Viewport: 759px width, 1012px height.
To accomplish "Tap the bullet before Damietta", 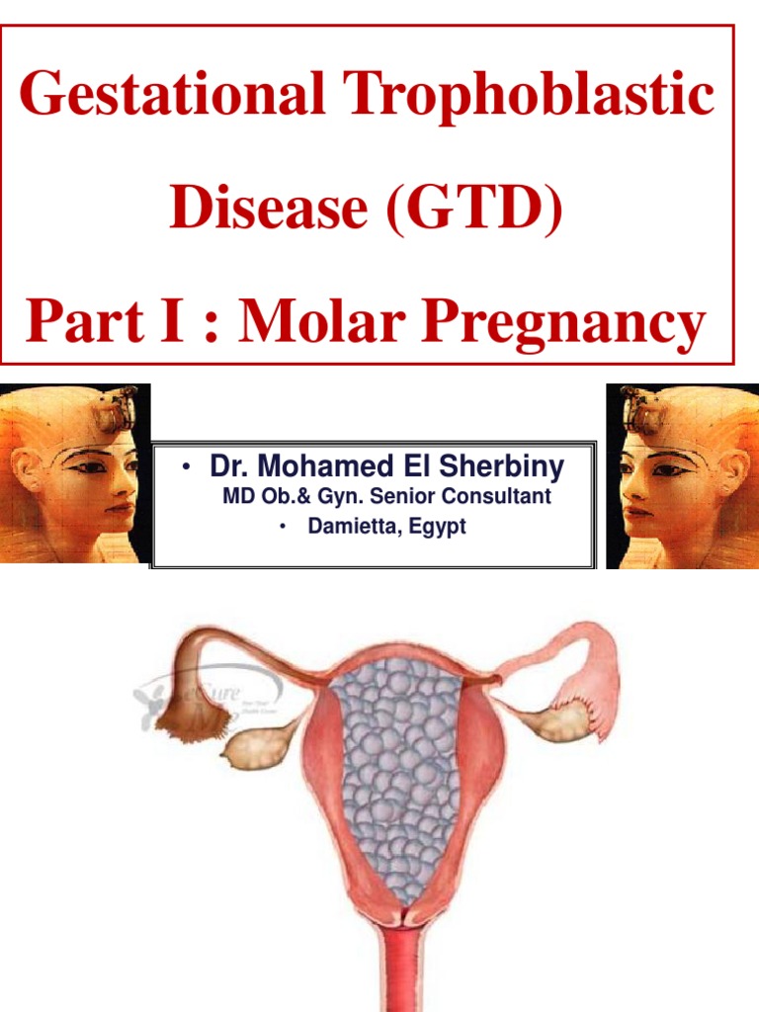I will point(282,528).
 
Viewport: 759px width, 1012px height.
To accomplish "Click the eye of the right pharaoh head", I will point(667,467).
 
